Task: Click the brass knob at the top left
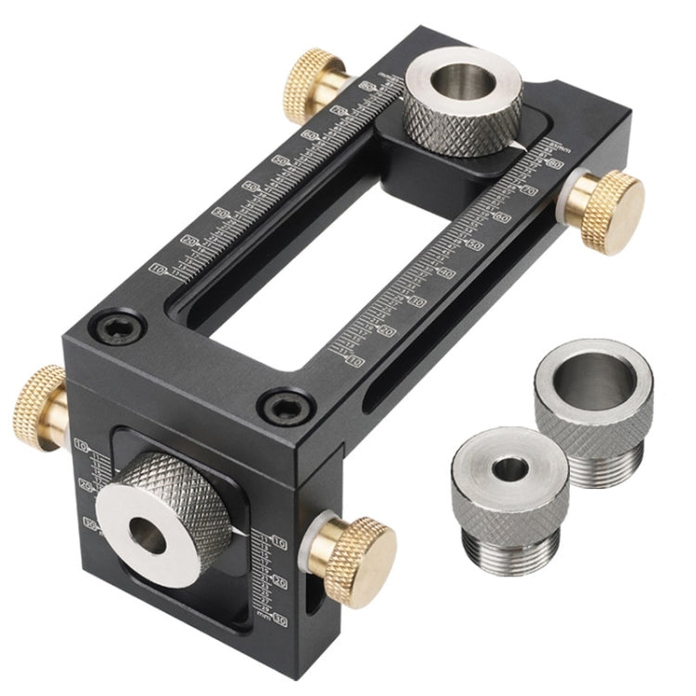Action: (314, 79)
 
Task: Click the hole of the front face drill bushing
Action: (148, 534)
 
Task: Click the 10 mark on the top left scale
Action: (159, 268)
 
